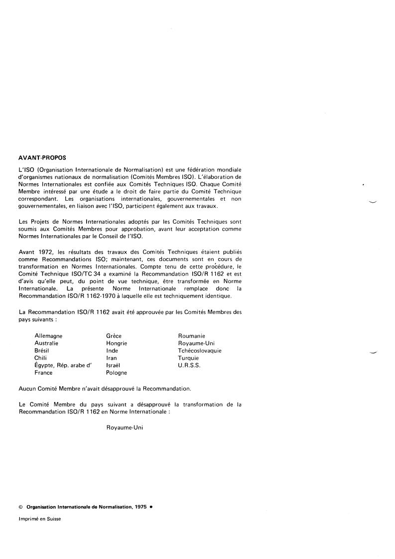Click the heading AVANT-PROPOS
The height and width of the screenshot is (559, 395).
42,158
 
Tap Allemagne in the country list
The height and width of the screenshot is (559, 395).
48,336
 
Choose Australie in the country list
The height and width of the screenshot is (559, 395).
47,343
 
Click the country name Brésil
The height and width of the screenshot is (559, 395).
42,351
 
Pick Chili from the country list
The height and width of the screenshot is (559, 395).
40,358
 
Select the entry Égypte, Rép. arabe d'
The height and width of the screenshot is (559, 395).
63,365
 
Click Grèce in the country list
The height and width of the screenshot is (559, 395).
114,336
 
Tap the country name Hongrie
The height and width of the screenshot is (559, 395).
117,343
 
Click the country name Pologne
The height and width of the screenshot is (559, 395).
117,372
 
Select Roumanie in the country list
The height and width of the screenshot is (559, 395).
192,336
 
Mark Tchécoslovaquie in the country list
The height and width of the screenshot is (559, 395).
200,351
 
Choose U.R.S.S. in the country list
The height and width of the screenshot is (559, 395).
189,365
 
